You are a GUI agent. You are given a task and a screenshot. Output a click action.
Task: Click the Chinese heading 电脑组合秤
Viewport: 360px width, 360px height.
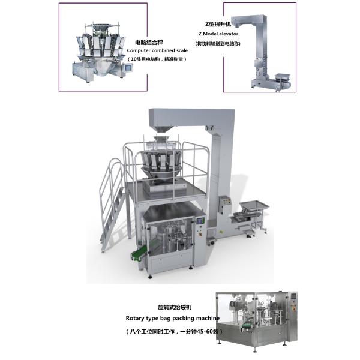149,43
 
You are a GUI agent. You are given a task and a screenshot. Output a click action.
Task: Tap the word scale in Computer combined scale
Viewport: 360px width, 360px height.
182,50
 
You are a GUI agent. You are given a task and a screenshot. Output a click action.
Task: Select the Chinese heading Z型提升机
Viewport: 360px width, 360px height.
218,24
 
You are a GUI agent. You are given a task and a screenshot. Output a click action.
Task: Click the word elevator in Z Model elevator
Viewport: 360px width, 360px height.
229,34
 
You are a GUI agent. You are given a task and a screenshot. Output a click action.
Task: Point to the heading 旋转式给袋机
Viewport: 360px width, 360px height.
175,307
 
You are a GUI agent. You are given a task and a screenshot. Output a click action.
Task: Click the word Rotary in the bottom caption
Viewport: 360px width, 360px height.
134,319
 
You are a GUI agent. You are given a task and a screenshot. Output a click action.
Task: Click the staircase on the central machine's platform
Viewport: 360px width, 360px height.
112,205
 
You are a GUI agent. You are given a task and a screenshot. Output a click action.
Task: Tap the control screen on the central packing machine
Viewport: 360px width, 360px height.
200,221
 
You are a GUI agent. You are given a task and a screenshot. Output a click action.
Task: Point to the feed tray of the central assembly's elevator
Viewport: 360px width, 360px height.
254,205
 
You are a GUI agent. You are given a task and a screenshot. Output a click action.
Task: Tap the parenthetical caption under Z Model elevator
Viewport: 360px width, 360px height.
218,43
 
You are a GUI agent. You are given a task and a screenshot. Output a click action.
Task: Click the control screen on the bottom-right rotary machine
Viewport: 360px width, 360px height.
294,296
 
